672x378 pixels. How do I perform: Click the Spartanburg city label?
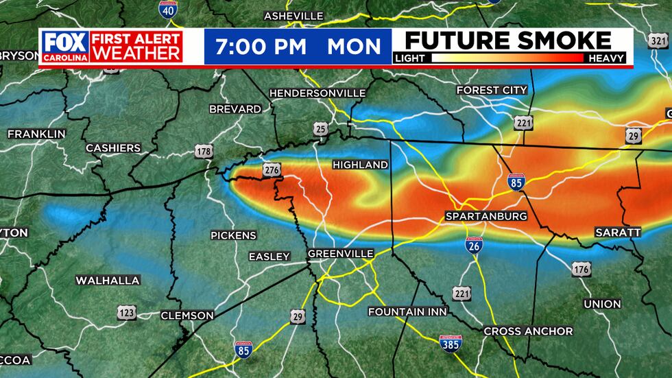tap(486, 216)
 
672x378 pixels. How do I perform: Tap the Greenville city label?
tap(340, 254)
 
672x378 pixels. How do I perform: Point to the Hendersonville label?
tap(317, 93)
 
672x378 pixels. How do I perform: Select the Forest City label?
tap(492, 90)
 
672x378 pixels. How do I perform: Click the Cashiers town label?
tap(113, 148)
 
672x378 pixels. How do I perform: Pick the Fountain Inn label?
tap(407, 311)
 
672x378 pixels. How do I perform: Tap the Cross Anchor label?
tap(528, 331)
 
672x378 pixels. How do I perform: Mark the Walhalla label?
tap(108, 280)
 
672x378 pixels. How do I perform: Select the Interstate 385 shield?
tap(451, 343)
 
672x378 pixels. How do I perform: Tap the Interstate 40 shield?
tap(167, 10)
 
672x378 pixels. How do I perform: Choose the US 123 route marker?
tap(126, 313)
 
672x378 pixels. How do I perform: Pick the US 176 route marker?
tap(581, 269)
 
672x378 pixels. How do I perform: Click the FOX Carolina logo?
tap(65, 46)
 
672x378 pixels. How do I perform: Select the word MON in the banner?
tap(354, 47)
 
